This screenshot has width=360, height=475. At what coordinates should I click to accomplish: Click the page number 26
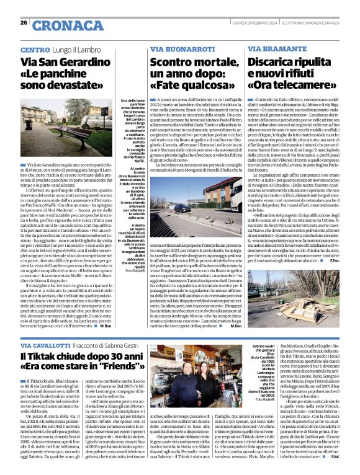coord(24,23)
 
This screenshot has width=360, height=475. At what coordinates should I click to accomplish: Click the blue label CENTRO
coord(35,49)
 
